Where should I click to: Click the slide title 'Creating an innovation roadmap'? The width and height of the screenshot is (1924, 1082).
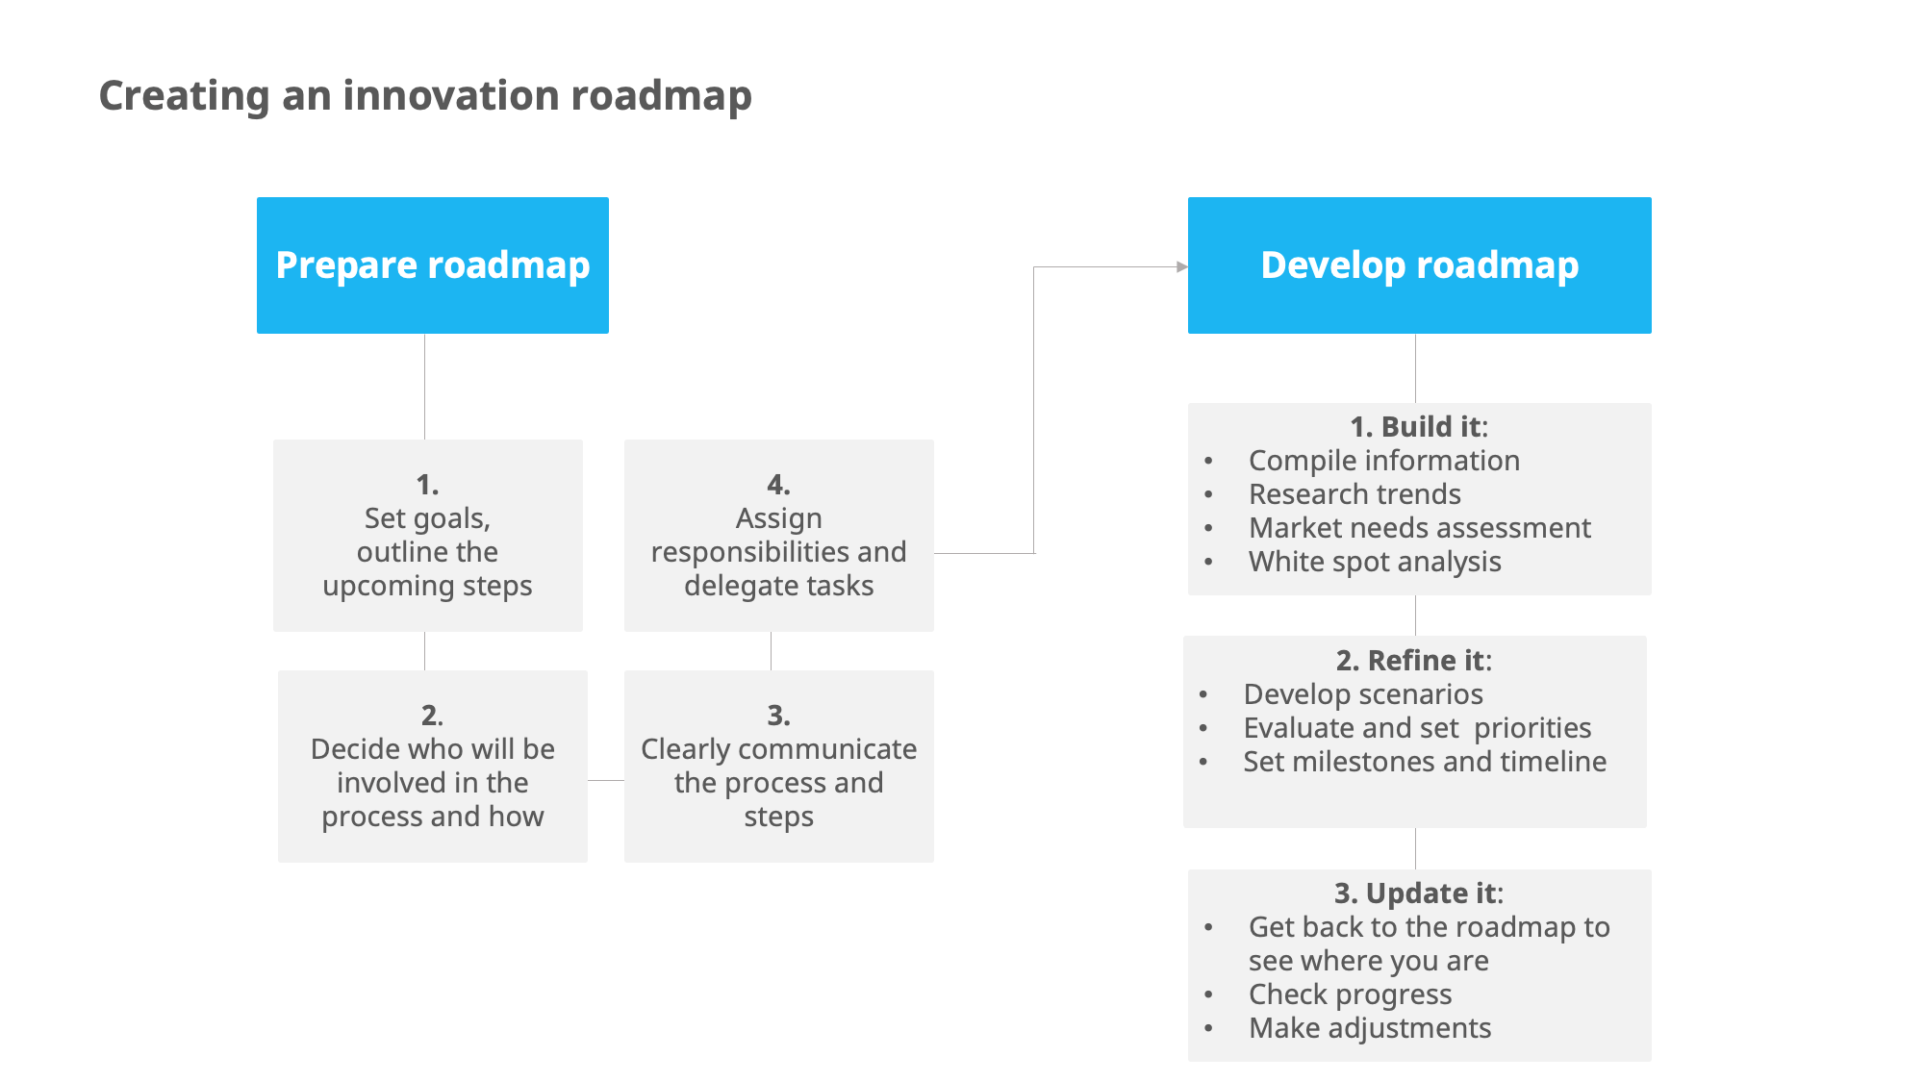(x=425, y=96)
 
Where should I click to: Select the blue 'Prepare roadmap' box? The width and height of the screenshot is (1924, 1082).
(x=432, y=265)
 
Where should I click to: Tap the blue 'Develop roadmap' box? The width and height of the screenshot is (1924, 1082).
(x=1419, y=265)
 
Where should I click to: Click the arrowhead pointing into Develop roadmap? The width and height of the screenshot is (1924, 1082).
(x=1182, y=267)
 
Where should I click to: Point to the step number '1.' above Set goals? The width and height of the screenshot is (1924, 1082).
(x=427, y=484)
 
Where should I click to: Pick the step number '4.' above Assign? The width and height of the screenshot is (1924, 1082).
(x=778, y=484)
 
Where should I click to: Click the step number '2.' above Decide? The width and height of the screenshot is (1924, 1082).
(x=432, y=715)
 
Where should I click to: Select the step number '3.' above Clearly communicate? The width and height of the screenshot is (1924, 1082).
(x=778, y=715)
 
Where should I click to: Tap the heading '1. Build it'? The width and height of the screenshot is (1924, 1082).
(x=1418, y=426)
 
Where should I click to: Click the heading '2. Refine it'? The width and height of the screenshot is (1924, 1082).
(x=1413, y=660)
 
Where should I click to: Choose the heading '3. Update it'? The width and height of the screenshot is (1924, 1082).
(x=1418, y=893)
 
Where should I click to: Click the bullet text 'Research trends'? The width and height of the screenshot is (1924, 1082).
(x=1354, y=494)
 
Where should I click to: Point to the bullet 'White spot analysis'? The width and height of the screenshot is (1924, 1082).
(x=1375, y=562)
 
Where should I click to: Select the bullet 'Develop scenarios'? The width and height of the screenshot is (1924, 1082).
(x=1363, y=694)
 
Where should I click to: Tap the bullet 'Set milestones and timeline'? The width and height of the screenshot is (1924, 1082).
(x=1425, y=762)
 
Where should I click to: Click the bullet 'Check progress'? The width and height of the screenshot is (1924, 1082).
(x=1350, y=994)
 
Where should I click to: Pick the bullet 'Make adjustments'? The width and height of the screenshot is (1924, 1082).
(x=1370, y=1028)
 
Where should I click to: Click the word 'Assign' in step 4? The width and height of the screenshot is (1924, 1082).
(x=778, y=518)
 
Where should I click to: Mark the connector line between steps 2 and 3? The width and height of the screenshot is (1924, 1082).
(x=606, y=780)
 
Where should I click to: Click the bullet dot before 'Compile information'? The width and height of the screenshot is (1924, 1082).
(x=1208, y=462)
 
